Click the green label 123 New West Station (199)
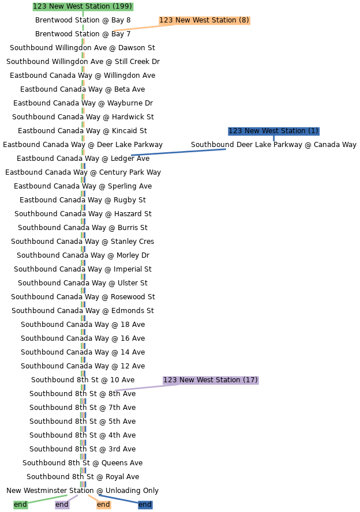pyautogui.click(x=82, y=6)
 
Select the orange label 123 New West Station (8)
pyautogui.click(x=204, y=20)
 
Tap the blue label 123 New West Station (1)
pyautogui.click(x=273, y=131)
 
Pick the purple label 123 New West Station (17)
pyautogui.click(x=211, y=380)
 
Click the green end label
pyautogui.click(x=20, y=505)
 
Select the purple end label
pyautogui.click(x=62, y=505)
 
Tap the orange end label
pyautogui.click(x=103, y=505)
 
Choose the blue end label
pyautogui.click(x=145, y=505)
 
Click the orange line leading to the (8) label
pyautogui.click(x=136, y=28)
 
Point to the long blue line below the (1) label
pyautogui.click(x=178, y=152)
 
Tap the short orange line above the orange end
pyautogui.click(x=92, y=498)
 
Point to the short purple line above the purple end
pyautogui.click(x=73, y=498)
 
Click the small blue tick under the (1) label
pyautogui.click(x=273, y=139)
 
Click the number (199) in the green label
pyautogui.click(x=122, y=6)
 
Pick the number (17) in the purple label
pyautogui.click(x=250, y=380)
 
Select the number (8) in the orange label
pyautogui.click(x=243, y=20)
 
